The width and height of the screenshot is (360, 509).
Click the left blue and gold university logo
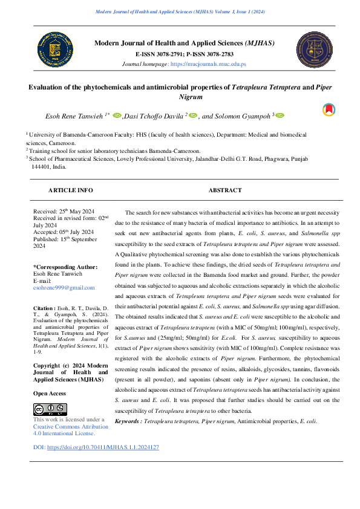tap(54, 50)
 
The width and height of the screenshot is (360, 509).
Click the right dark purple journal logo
tap(314, 50)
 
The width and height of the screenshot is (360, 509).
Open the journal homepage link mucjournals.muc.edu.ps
tap(208, 63)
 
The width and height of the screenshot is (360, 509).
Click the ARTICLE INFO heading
tap(71, 190)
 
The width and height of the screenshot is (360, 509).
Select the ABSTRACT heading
tap(224, 190)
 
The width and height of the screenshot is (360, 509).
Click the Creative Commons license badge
tap(50, 409)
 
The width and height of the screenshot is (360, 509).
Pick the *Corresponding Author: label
tap(65, 267)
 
